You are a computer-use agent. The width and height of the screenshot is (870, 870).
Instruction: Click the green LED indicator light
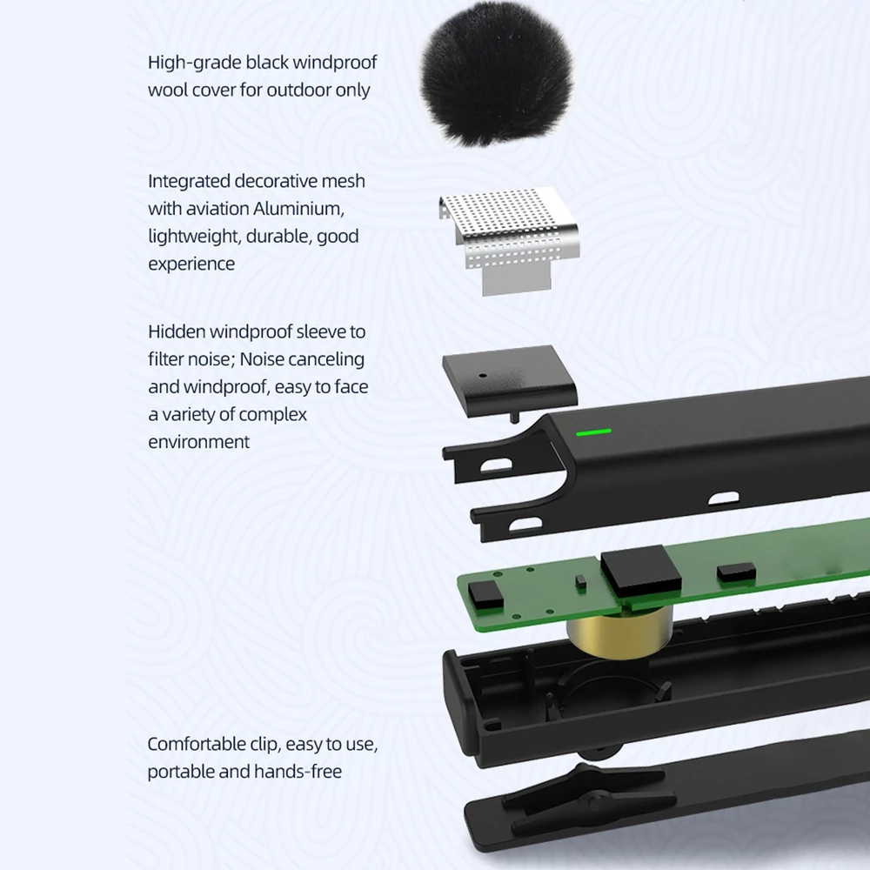593,432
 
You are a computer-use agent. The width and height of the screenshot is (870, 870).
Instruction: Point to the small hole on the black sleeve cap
483,376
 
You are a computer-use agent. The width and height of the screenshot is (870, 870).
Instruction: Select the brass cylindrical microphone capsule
619,632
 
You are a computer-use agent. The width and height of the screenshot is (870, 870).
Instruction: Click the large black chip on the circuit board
641,571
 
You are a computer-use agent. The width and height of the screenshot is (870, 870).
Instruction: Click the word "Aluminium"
298,209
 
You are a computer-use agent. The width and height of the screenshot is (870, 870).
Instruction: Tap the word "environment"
198,442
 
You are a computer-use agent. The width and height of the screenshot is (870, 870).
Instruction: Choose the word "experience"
191,264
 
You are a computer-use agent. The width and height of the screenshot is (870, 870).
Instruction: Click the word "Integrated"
189,182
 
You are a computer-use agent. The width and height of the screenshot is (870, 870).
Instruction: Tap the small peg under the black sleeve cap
514,417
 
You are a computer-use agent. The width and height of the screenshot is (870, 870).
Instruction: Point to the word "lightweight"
194,237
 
